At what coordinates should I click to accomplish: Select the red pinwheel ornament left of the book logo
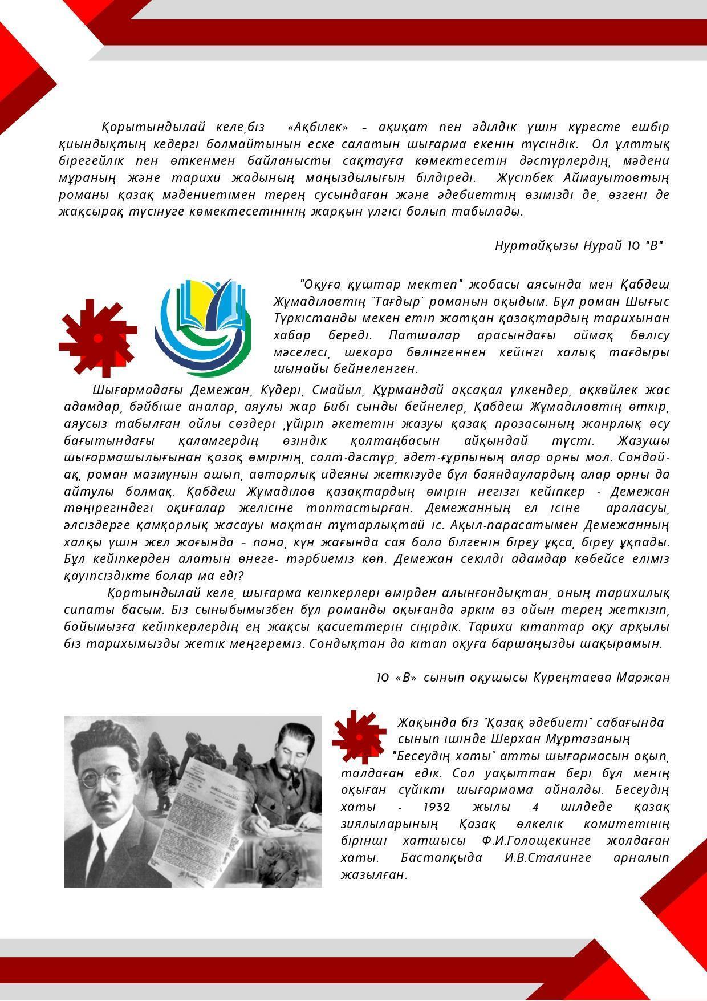coord(97,338)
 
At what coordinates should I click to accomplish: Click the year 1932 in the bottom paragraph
coord(437,807)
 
